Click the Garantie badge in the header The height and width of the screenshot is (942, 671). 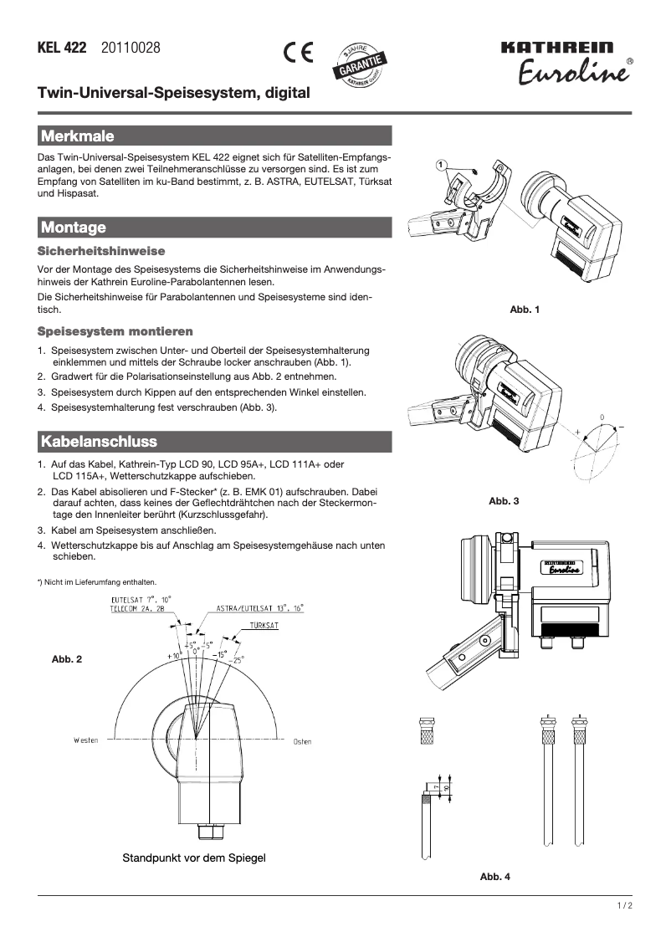click(361, 64)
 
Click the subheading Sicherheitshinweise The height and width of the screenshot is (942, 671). click(101, 251)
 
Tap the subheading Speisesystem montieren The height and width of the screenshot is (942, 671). click(115, 331)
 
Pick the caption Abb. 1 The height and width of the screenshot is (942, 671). click(525, 310)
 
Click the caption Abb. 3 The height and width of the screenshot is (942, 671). click(504, 501)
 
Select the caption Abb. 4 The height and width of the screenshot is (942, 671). click(495, 877)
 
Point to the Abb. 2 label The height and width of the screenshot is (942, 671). click(67, 660)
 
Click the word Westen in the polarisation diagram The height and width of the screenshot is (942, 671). click(85, 740)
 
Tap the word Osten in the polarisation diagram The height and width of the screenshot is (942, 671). click(302, 740)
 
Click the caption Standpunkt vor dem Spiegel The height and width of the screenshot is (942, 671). click(194, 858)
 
